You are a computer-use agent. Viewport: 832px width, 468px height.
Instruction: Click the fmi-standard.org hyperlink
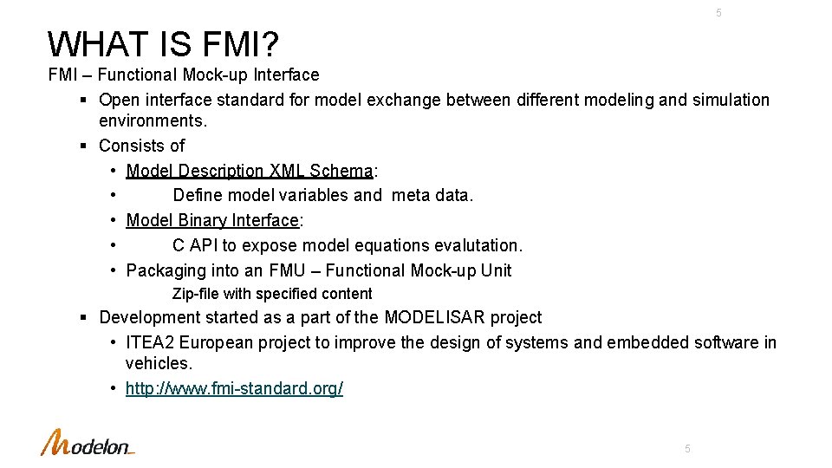tap(234, 388)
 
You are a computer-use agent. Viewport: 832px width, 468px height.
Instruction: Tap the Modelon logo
tap(88, 443)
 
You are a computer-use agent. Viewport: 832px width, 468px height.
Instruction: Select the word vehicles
tap(159, 364)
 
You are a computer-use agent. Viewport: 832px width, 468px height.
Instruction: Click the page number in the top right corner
tap(718, 13)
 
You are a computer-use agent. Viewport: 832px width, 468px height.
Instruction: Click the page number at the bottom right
tap(687, 449)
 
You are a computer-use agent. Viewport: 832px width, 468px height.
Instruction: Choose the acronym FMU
tap(289, 271)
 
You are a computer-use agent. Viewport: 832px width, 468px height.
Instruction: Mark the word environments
tap(153, 121)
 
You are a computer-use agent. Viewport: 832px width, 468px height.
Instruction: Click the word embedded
tap(647, 343)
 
